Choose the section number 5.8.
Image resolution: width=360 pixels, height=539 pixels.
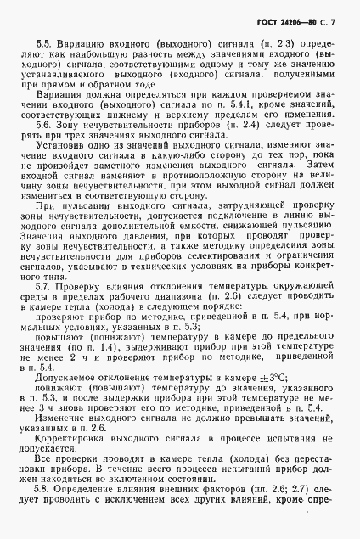[44, 490]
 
